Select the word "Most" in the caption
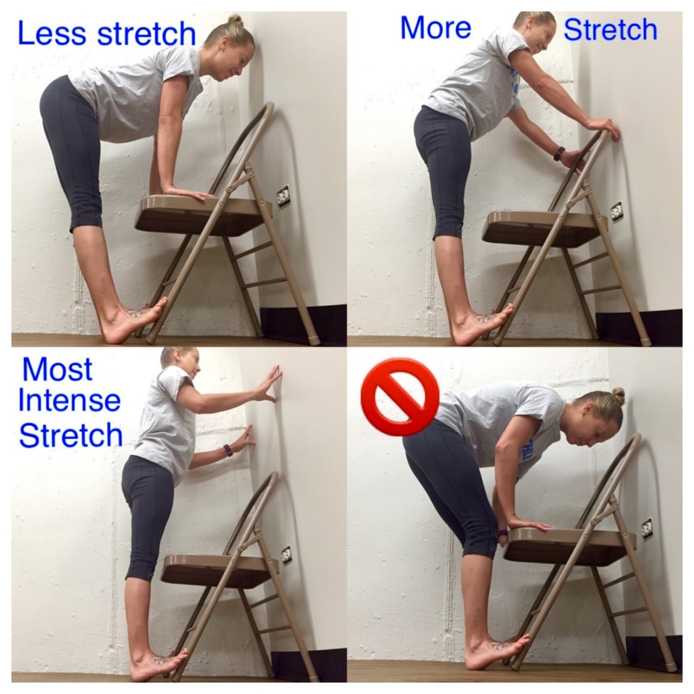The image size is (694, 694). click(57, 370)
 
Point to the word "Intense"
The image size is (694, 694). click(69, 401)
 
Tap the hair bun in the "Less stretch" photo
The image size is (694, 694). click(235, 21)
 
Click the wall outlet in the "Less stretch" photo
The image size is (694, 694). click(283, 196)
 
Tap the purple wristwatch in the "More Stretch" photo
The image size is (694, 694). click(560, 153)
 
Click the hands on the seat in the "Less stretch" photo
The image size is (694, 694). click(187, 193)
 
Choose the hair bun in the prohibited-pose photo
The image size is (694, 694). click(617, 395)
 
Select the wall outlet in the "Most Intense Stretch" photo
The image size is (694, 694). click(286, 555)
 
